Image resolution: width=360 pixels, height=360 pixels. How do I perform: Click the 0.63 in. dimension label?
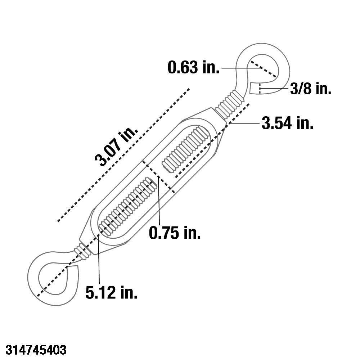tap(193, 68)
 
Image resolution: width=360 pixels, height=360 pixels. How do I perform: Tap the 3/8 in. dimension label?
tap(310, 89)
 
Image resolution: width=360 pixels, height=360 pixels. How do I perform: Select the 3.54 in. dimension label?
tap(287, 123)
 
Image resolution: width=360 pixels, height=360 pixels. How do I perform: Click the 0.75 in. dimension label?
tap(175, 233)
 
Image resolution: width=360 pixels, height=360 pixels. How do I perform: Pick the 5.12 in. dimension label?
tap(111, 293)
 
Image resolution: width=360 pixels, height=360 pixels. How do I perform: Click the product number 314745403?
tap(33, 350)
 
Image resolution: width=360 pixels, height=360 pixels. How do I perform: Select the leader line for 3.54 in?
tap(245, 123)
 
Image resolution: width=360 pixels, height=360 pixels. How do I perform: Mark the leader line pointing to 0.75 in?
tap(158, 202)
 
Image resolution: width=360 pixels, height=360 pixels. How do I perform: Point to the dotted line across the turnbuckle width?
tap(158, 176)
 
